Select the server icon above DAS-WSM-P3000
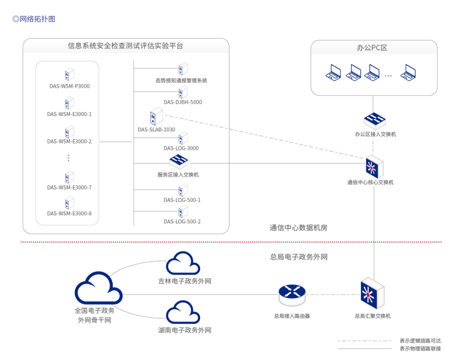coord(69,75)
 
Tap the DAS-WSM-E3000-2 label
coord(69,142)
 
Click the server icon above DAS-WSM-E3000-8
coord(69,203)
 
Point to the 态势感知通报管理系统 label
coord(181,80)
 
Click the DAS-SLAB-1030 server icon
coord(156,117)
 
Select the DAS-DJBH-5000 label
coord(182,102)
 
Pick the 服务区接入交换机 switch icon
coord(179,162)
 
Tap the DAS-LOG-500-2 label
coord(182,221)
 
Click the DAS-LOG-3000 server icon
coord(182,139)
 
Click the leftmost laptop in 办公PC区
coord(334,74)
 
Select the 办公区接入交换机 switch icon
coord(374,120)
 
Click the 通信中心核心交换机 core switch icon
coord(373,166)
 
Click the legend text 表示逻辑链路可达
coord(420,340)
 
